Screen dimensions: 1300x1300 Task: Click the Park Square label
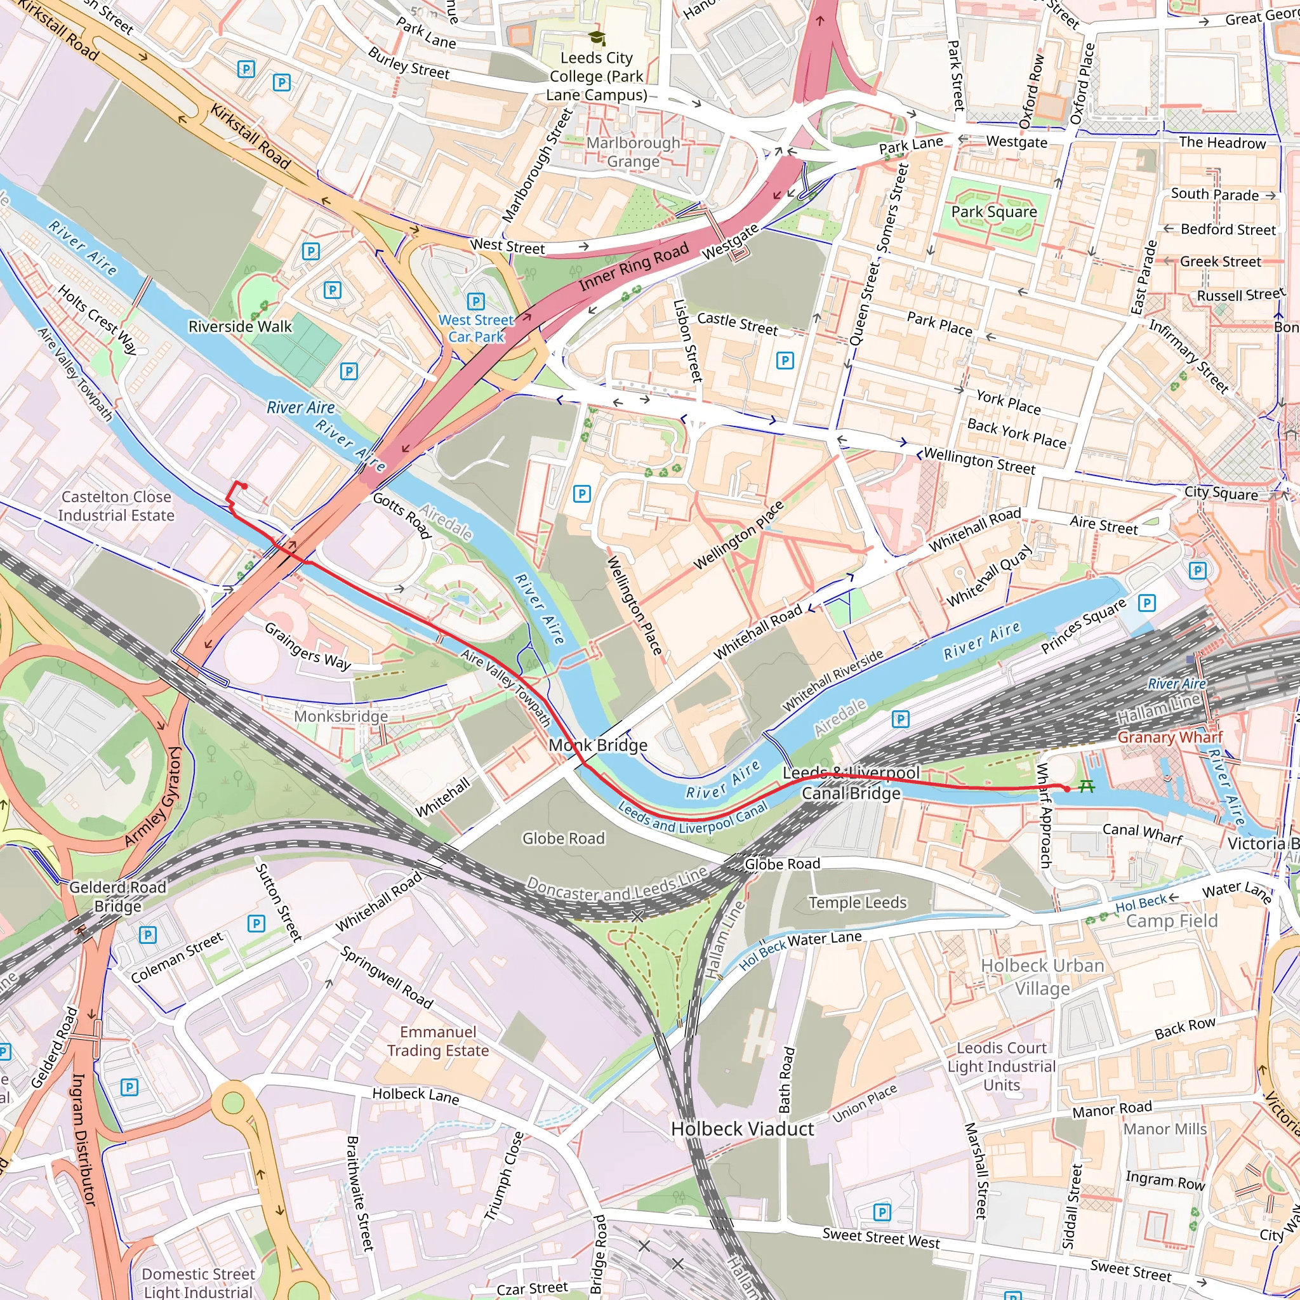pos(993,211)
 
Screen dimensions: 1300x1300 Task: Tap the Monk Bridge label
pos(597,745)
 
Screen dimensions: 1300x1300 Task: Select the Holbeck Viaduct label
pos(742,1129)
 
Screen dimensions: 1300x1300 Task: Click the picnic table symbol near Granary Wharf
pos(1086,785)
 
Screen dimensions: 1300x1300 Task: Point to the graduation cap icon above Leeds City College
pos(596,38)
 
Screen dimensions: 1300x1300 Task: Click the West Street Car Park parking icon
pos(475,301)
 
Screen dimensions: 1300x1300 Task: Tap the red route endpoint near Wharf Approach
pos(1066,788)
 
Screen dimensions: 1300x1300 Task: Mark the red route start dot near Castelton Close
pos(245,486)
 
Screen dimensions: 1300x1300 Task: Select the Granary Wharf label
pos(1169,737)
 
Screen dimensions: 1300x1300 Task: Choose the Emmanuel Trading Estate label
pos(438,1041)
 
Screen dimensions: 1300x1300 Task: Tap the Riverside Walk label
pos(240,326)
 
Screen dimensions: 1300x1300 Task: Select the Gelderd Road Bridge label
pos(118,896)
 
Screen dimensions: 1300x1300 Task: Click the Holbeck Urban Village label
pos(1042,977)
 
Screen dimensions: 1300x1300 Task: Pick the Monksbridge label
pos(340,716)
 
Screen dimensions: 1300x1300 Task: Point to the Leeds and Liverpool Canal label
pos(693,818)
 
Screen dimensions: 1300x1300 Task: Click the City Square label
pos(1221,493)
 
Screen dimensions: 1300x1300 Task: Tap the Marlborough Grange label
pos(633,152)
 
